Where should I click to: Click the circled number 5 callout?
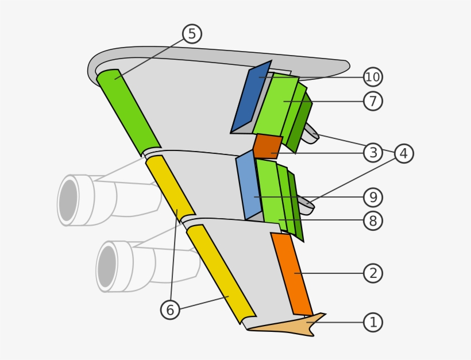[x=192, y=34]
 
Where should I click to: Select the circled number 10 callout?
[x=373, y=76]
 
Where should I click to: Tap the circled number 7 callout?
[x=373, y=101]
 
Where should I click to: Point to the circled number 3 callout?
[x=373, y=153]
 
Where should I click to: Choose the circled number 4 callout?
[x=404, y=153]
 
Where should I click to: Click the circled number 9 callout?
[x=373, y=198]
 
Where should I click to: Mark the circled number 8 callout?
[x=373, y=221]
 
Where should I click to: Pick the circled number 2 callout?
[x=373, y=273]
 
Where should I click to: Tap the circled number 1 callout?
[x=373, y=322]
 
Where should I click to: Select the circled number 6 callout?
[x=170, y=310]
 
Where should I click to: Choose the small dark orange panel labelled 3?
[x=267, y=146]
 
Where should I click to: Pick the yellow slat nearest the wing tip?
[x=221, y=274]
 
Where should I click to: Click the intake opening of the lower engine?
[x=107, y=266]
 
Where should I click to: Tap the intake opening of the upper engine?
[x=68, y=200]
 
